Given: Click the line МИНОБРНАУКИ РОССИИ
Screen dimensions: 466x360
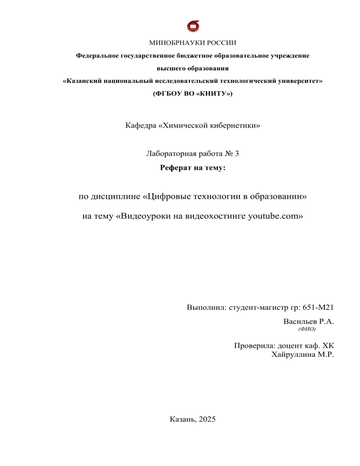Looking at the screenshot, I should (x=192, y=43).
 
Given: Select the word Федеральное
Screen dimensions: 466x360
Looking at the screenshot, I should (x=97, y=56).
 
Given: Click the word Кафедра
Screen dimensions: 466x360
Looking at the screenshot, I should (x=141, y=126).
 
